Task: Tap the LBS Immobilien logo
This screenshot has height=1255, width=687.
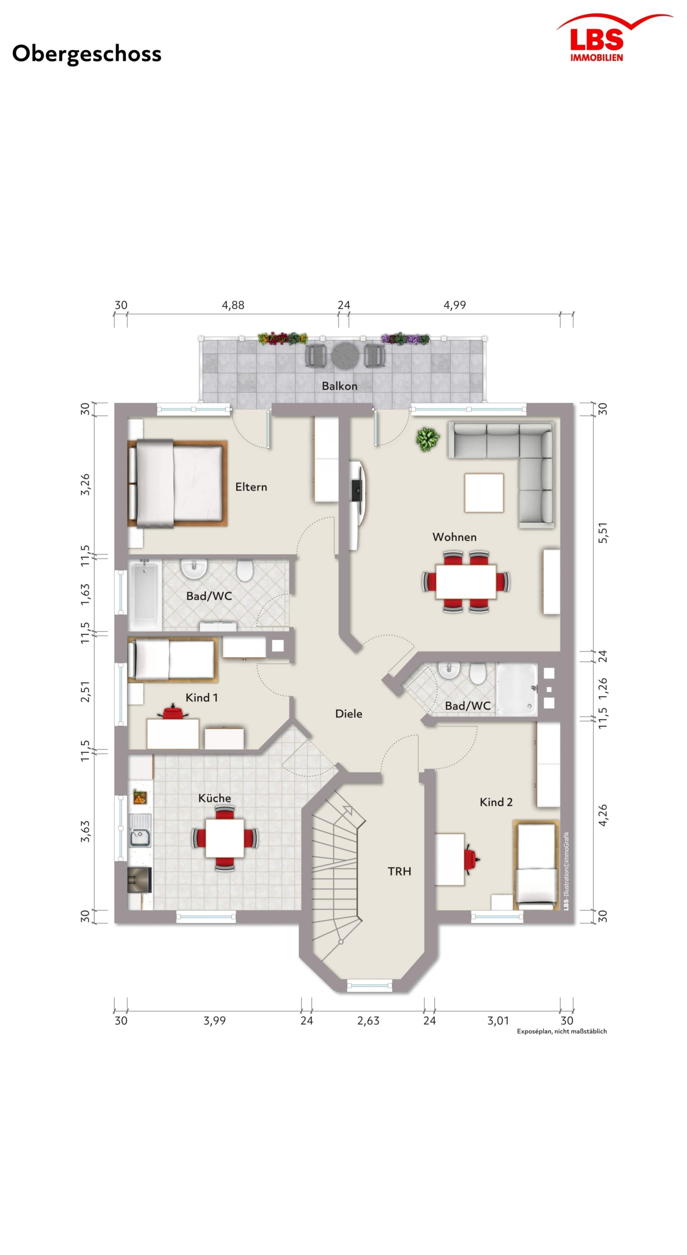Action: click(614, 38)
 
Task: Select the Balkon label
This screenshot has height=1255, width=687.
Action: click(340, 386)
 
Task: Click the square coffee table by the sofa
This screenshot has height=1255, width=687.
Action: click(484, 493)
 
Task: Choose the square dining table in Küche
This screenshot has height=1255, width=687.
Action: click(225, 838)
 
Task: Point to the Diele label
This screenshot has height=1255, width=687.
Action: click(349, 714)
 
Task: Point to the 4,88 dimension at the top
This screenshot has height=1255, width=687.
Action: click(233, 305)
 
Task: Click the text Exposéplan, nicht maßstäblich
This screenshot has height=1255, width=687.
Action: click(562, 1031)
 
